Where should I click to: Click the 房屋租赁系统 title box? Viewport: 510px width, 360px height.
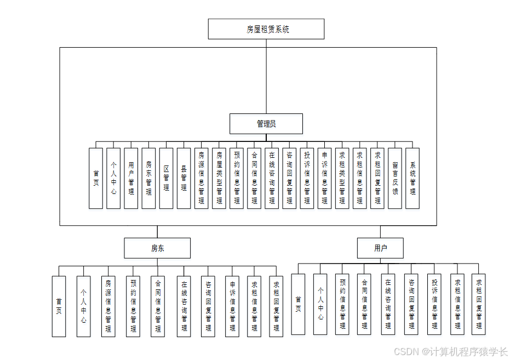[x=266, y=29]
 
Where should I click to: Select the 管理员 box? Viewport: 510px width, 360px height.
[x=266, y=124]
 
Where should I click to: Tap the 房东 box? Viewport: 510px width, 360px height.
[x=157, y=248]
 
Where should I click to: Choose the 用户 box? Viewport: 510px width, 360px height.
[x=381, y=248]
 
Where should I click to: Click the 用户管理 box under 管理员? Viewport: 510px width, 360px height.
[x=131, y=178]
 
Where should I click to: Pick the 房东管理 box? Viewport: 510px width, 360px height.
[x=148, y=178]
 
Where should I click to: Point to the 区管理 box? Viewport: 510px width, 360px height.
[x=166, y=178]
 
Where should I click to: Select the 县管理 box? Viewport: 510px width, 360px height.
[x=184, y=178]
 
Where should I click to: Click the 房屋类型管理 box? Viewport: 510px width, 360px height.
[x=219, y=178]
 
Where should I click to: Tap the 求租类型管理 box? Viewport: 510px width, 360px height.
[x=342, y=178]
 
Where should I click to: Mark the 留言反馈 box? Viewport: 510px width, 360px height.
[x=395, y=178]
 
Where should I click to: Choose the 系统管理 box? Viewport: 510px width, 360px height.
[x=412, y=178]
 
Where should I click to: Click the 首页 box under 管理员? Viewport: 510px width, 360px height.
[x=96, y=178]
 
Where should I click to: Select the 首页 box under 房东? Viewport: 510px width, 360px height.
[x=59, y=306]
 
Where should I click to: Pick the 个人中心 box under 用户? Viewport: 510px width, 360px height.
[x=320, y=304]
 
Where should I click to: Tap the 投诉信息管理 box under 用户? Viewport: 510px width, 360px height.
[x=434, y=304]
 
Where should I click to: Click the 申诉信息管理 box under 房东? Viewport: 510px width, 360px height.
[x=232, y=306]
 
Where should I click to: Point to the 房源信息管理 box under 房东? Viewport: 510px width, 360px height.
[x=108, y=306]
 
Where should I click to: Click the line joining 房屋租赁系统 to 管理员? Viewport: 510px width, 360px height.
[x=266, y=77]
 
